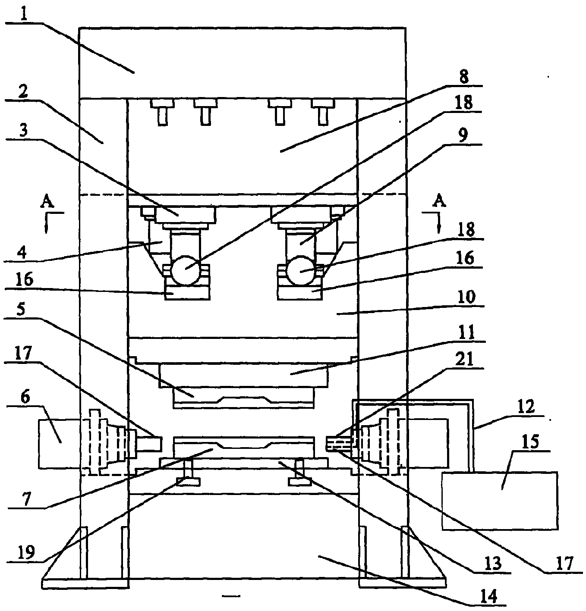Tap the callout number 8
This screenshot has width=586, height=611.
click(463, 78)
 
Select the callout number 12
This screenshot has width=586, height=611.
click(525, 407)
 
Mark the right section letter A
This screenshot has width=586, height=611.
click(439, 201)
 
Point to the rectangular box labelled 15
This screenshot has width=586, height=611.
click(499, 500)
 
